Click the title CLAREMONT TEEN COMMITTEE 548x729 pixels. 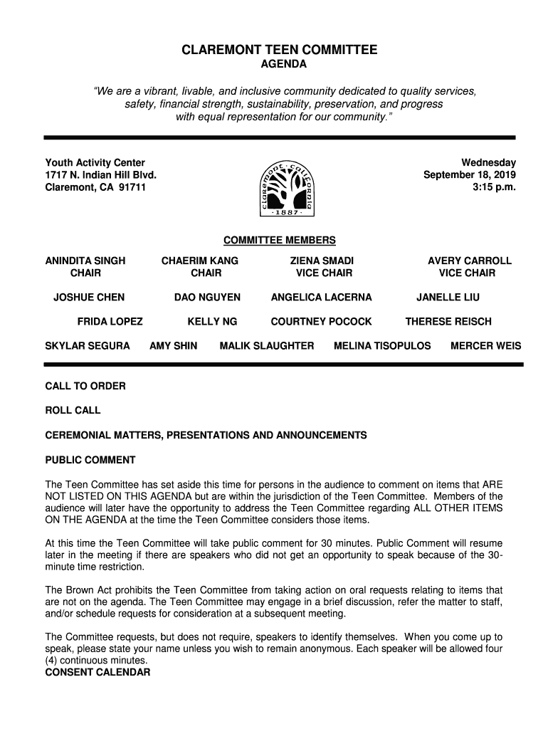pyautogui.click(x=279, y=51)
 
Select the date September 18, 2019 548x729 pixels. pyautogui.click(x=470, y=176)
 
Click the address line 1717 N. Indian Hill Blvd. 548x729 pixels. pyautogui.click(x=100, y=176)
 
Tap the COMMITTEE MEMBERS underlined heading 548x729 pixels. pyautogui.click(x=280, y=241)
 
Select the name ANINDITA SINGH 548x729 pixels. pyautogui.click(x=85, y=261)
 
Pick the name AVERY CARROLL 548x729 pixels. pyautogui.click(x=470, y=261)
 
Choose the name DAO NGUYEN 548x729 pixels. pyautogui.click(x=207, y=298)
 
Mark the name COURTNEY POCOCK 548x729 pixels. pyautogui.click(x=321, y=322)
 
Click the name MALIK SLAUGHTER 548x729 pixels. pyautogui.click(x=267, y=346)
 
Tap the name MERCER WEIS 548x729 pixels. pyautogui.click(x=486, y=346)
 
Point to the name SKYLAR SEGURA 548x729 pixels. pyautogui.click(x=88, y=346)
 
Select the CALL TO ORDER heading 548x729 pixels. pyautogui.click(x=85, y=387)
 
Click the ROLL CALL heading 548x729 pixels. pyautogui.click(x=73, y=411)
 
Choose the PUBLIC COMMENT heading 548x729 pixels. pyautogui.click(x=90, y=460)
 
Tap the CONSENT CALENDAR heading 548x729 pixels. pyautogui.click(x=98, y=672)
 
